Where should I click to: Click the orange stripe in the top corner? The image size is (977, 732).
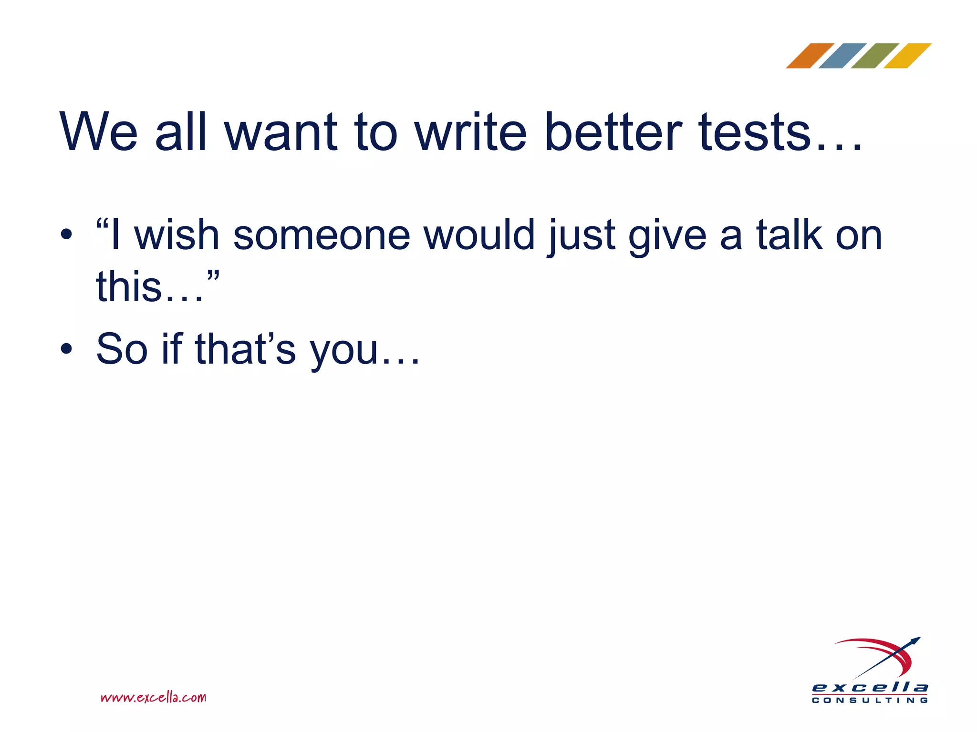(810, 56)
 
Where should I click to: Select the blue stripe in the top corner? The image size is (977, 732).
(842, 56)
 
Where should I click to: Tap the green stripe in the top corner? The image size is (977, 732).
(875, 56)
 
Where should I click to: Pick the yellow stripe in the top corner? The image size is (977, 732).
(907, 56)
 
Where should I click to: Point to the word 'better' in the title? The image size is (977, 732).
(613, 132)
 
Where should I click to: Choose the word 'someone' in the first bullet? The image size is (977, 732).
(322, 235)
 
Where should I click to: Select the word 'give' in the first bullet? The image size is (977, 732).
(667, 236)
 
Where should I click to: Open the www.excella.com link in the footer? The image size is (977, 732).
(153, 698)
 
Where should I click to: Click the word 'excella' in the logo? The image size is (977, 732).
(870, 687)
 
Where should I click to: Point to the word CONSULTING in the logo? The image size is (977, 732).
(870, 701)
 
